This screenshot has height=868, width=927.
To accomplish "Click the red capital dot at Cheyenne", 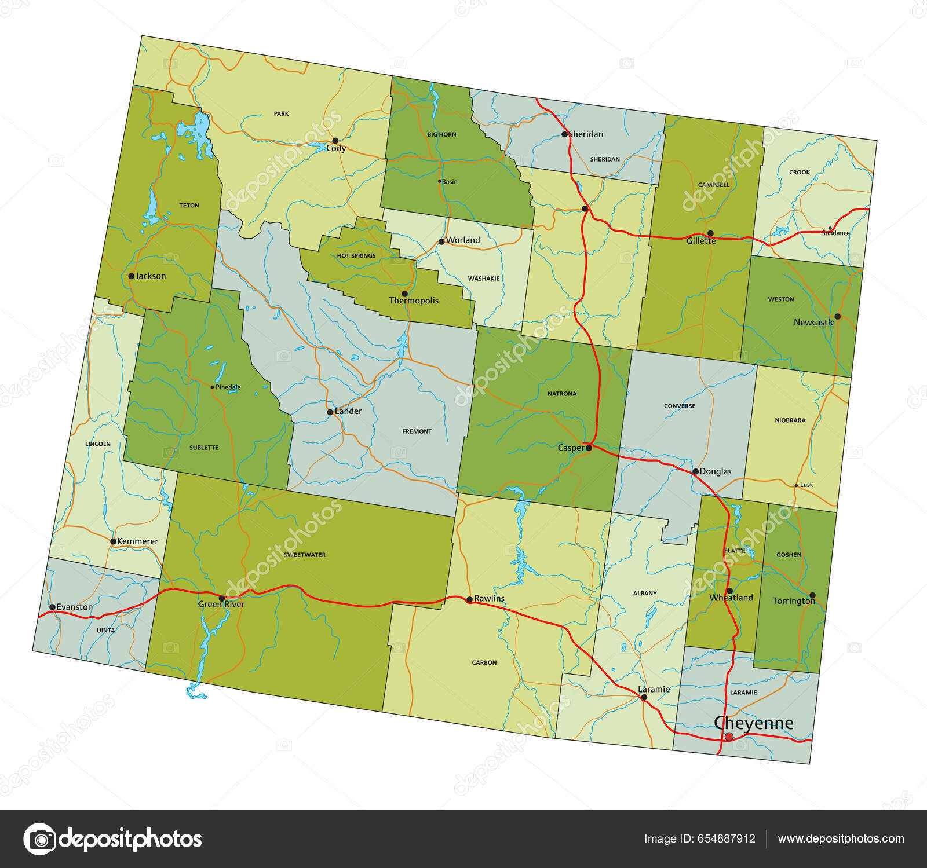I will point(729,737).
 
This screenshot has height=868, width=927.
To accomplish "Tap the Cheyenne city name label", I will point(753,723).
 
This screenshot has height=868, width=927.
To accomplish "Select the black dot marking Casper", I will point(589,448).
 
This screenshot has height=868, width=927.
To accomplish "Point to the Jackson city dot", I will point(131,276).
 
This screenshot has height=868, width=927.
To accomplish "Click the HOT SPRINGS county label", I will point(356,255).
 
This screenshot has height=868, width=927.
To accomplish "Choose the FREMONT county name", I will point(417,431).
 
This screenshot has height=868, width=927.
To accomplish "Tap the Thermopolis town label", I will point(414,301).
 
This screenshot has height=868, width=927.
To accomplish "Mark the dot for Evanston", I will point(52,607).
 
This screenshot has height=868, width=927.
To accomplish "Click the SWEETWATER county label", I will point(304,555).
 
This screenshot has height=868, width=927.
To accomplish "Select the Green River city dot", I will point(221,598).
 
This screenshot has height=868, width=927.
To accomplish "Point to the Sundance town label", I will point(835,233).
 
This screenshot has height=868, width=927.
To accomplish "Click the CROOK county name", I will point(800,172).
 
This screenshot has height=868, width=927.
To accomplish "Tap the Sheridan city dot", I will point(565,134).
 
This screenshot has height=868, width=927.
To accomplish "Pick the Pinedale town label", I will point(228,387).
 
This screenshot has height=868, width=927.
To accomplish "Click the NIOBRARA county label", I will point(790,420).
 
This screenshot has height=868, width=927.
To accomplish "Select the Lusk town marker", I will point(796,485).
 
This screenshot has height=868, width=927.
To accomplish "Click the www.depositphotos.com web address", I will point(841,838).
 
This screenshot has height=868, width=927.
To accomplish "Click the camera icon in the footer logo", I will point(39,838).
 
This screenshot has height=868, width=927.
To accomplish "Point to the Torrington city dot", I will point(812,595).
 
